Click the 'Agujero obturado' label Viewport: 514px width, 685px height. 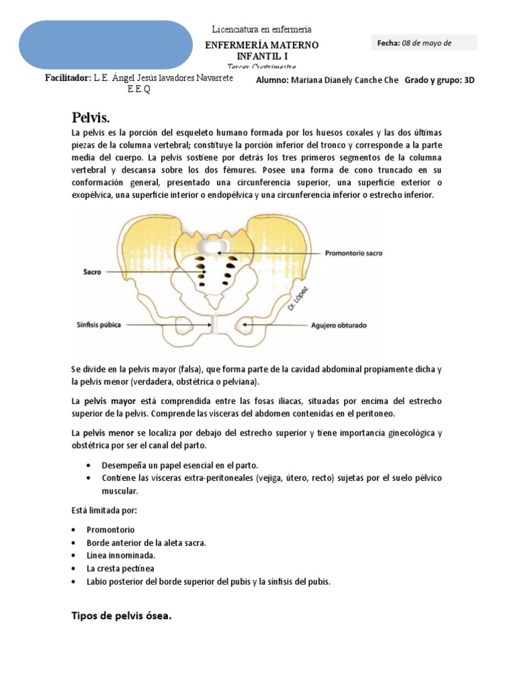tap(339, 326)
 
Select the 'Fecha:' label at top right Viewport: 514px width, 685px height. tap(388, 43)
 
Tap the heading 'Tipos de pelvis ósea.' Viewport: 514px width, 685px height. tap(122, 616)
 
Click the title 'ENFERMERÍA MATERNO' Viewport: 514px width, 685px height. tap(262, 45)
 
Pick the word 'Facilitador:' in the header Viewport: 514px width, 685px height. tap(68, 78)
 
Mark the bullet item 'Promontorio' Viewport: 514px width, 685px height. tap(110, 529)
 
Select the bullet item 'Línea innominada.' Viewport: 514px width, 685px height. tap(120, 555)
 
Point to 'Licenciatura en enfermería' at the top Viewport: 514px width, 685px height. tap(262, 29)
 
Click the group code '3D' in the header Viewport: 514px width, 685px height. tap(468, 80)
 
